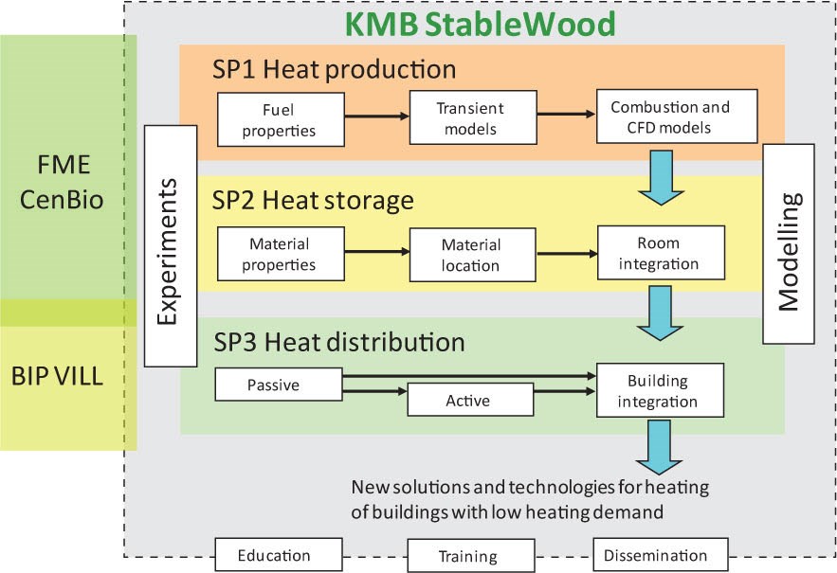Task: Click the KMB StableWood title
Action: [x=479, y=22]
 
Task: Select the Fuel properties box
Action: [x=280, y=117]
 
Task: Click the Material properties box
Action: [x=279, y=254]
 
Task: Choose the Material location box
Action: [x=470, y=254]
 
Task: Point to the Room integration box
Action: [x=660, y=252]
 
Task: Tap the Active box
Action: [x=468, y=401]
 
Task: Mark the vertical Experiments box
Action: [x=171, y=245]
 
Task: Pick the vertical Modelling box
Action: [x=788, y=244]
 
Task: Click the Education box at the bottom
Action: [x=275, y=555]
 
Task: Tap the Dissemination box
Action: [x=662, y=555]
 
